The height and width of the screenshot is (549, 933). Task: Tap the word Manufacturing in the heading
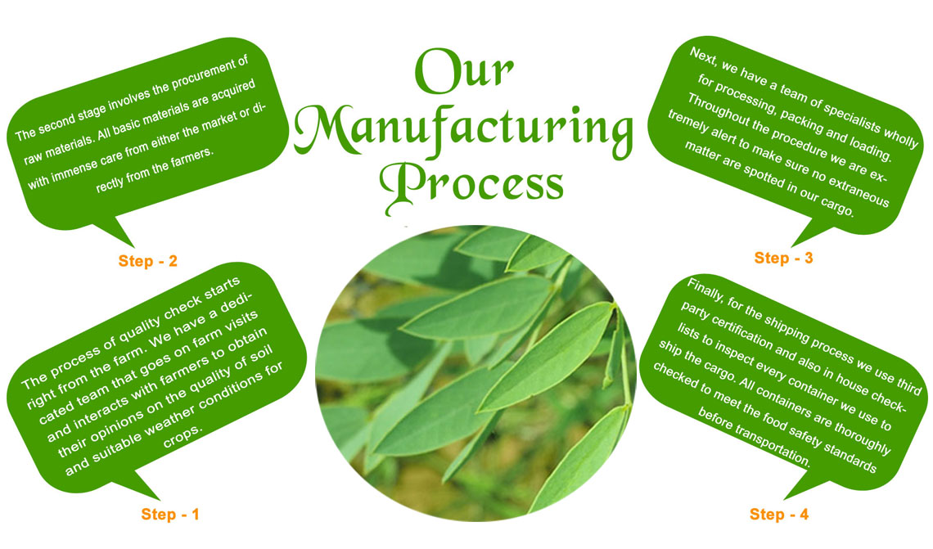[463, 131]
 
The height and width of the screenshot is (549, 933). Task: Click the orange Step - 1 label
[170, 514]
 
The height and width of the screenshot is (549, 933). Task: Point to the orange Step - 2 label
[147, 261]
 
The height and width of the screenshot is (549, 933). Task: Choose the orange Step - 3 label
[783, 258]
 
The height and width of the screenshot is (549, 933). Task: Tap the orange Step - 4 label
[779, 514]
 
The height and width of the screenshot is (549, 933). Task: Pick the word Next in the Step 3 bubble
[702, 57]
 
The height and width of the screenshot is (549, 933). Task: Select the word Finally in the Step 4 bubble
[704, 291]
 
